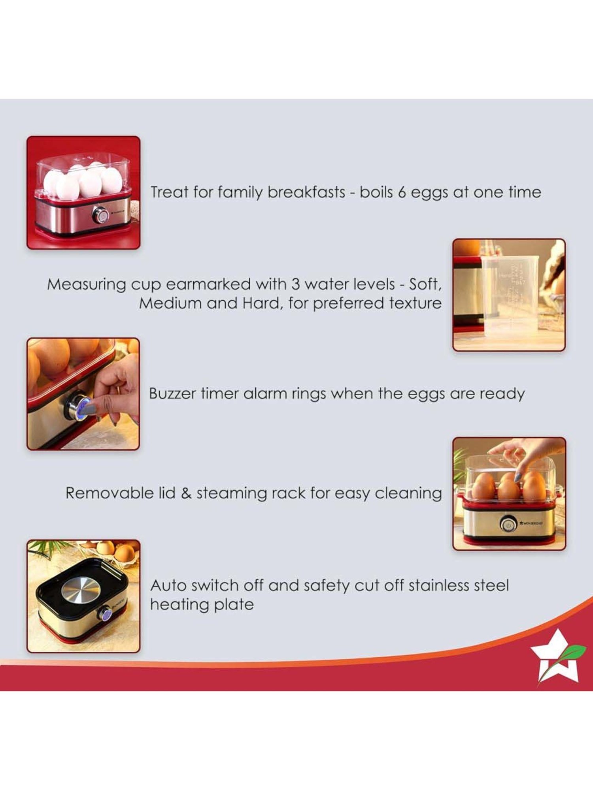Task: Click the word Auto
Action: [x=168, y=585]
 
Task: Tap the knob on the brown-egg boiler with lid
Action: [x=507, y=525]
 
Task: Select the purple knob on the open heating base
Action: [x=106, y=614]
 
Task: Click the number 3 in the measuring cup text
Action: [x=295, y=284]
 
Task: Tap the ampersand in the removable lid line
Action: [x=186, y=493]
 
